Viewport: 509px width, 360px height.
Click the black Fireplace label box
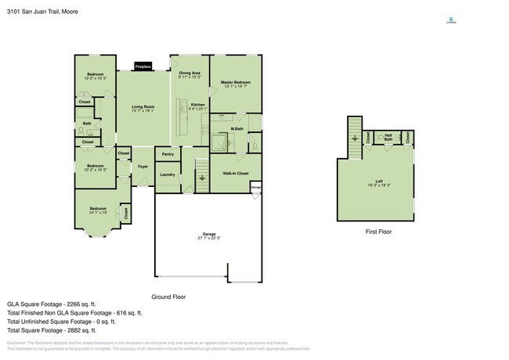(x=143, y=67)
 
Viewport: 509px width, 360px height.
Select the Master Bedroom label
(x=235, y=82)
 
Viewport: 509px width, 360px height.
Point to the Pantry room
(x=168, y=154)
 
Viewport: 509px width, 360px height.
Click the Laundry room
(x=168, y=174)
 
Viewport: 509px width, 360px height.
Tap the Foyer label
(x=143, y=167)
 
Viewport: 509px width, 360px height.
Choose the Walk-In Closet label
(x=235, y=172)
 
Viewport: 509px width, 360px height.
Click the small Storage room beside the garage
(x=255, y=187)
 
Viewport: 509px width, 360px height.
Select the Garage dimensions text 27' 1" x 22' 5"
(x=209, y=238)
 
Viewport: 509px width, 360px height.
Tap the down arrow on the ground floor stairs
(x=202, y=178)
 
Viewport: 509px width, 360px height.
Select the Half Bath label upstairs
(x=388, y=138)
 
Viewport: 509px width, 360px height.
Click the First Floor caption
(x=378, y=232)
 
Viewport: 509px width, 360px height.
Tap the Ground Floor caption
(x=168, y=297)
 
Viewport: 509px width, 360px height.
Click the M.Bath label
(x=237, y=128)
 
